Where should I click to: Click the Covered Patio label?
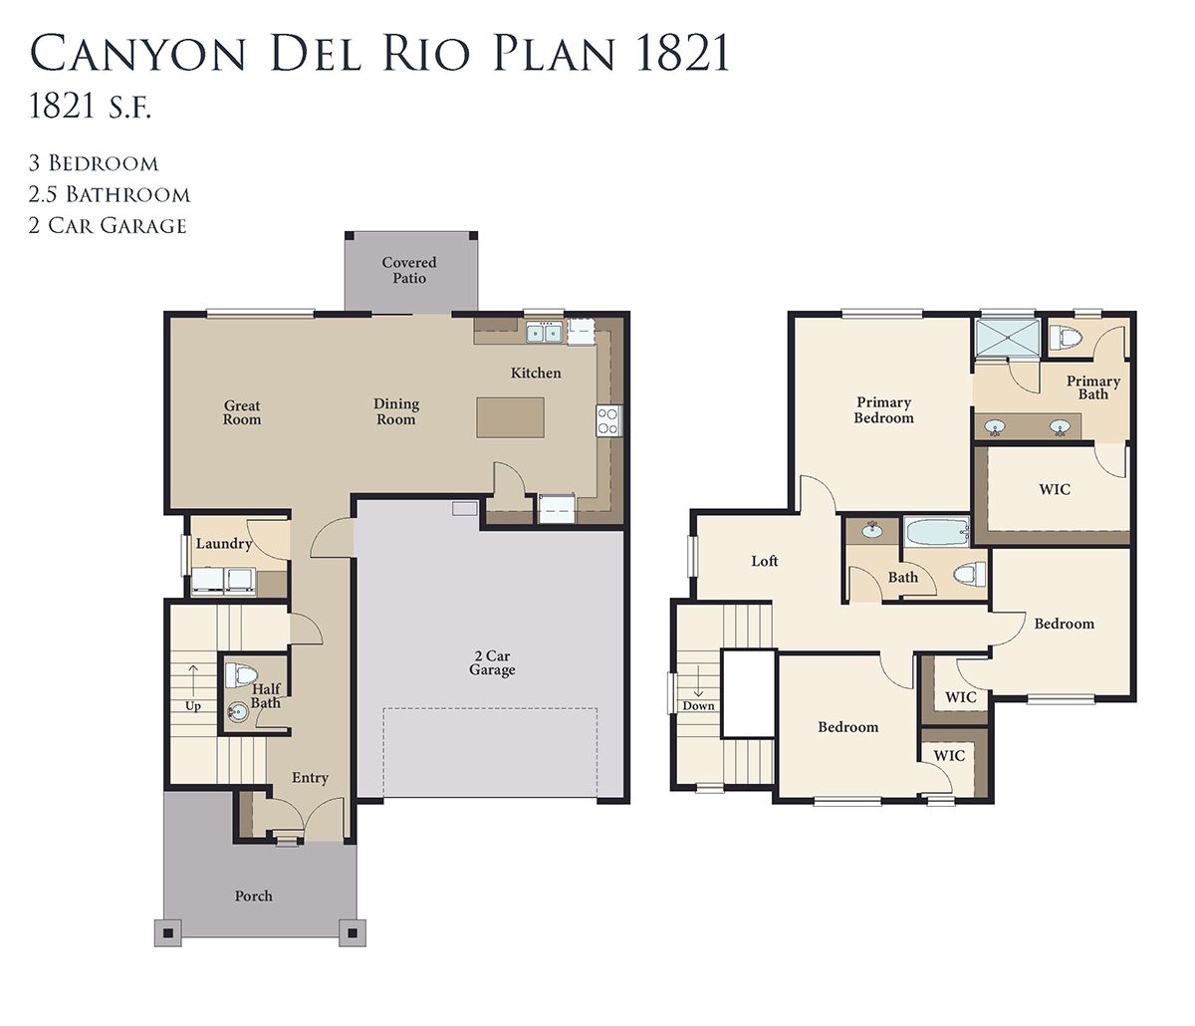click(408, 270)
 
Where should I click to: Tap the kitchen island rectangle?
click(510, 417)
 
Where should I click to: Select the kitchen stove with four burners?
click(608, 420)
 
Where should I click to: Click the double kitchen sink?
click(544, 333)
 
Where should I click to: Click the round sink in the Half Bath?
click(237, 711)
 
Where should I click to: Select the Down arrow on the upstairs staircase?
click(698, 682)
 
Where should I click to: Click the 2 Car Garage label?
click(492, 662)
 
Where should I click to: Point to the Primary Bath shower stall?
click(1008, 337)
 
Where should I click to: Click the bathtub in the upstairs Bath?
click(936, 532)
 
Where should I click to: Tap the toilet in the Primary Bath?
click(1065, 337)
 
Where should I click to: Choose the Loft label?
click(764, 561)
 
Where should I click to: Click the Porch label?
click(253, 896)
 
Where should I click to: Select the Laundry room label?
click(224, 544)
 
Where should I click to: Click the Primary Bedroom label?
click(884, 410)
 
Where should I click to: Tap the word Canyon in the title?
click(137, 54)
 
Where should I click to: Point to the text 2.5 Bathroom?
click(110, 194)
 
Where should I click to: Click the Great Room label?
click(242, 412)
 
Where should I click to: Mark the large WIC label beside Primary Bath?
click(1055, 489)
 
